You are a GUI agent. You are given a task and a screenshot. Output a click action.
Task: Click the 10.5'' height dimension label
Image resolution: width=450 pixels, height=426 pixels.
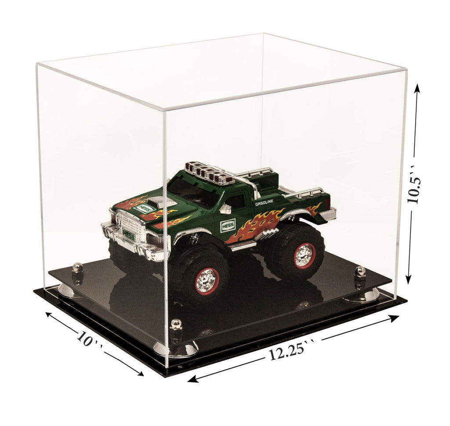pyautogui.click(x=415, y=184)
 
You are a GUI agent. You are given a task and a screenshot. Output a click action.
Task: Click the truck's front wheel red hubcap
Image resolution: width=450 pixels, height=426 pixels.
pyautogui.click(x=207, y=280)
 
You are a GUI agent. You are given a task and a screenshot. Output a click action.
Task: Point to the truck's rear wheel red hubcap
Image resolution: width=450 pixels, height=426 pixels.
pyautogui.click(x=305, y=255)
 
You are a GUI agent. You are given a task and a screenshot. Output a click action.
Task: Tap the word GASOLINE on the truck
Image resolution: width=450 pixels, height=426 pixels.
pyautogui.click(x=264, y=203)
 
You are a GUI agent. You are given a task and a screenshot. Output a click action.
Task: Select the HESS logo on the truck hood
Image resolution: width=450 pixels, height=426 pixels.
pyautogui.click(x=143, y=208)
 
